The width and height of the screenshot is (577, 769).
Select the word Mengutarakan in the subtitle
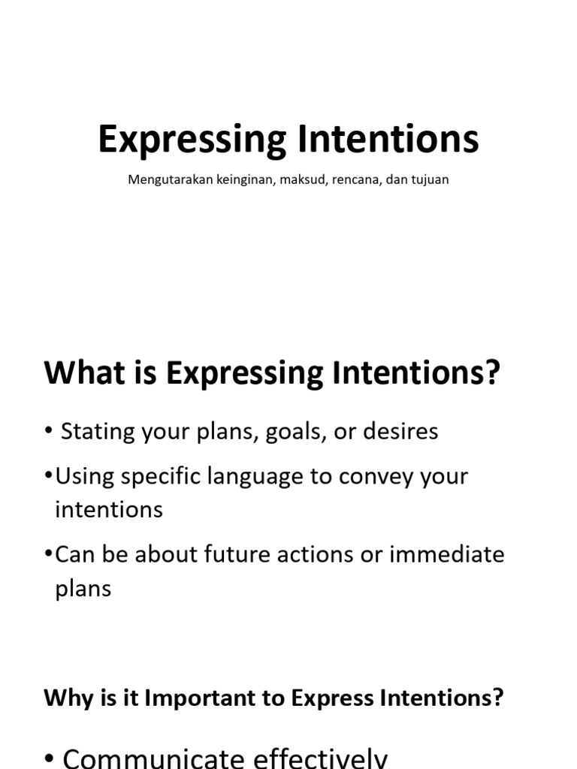169,180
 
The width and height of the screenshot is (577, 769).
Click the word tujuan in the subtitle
429,181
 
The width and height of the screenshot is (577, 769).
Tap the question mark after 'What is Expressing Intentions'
492,373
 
